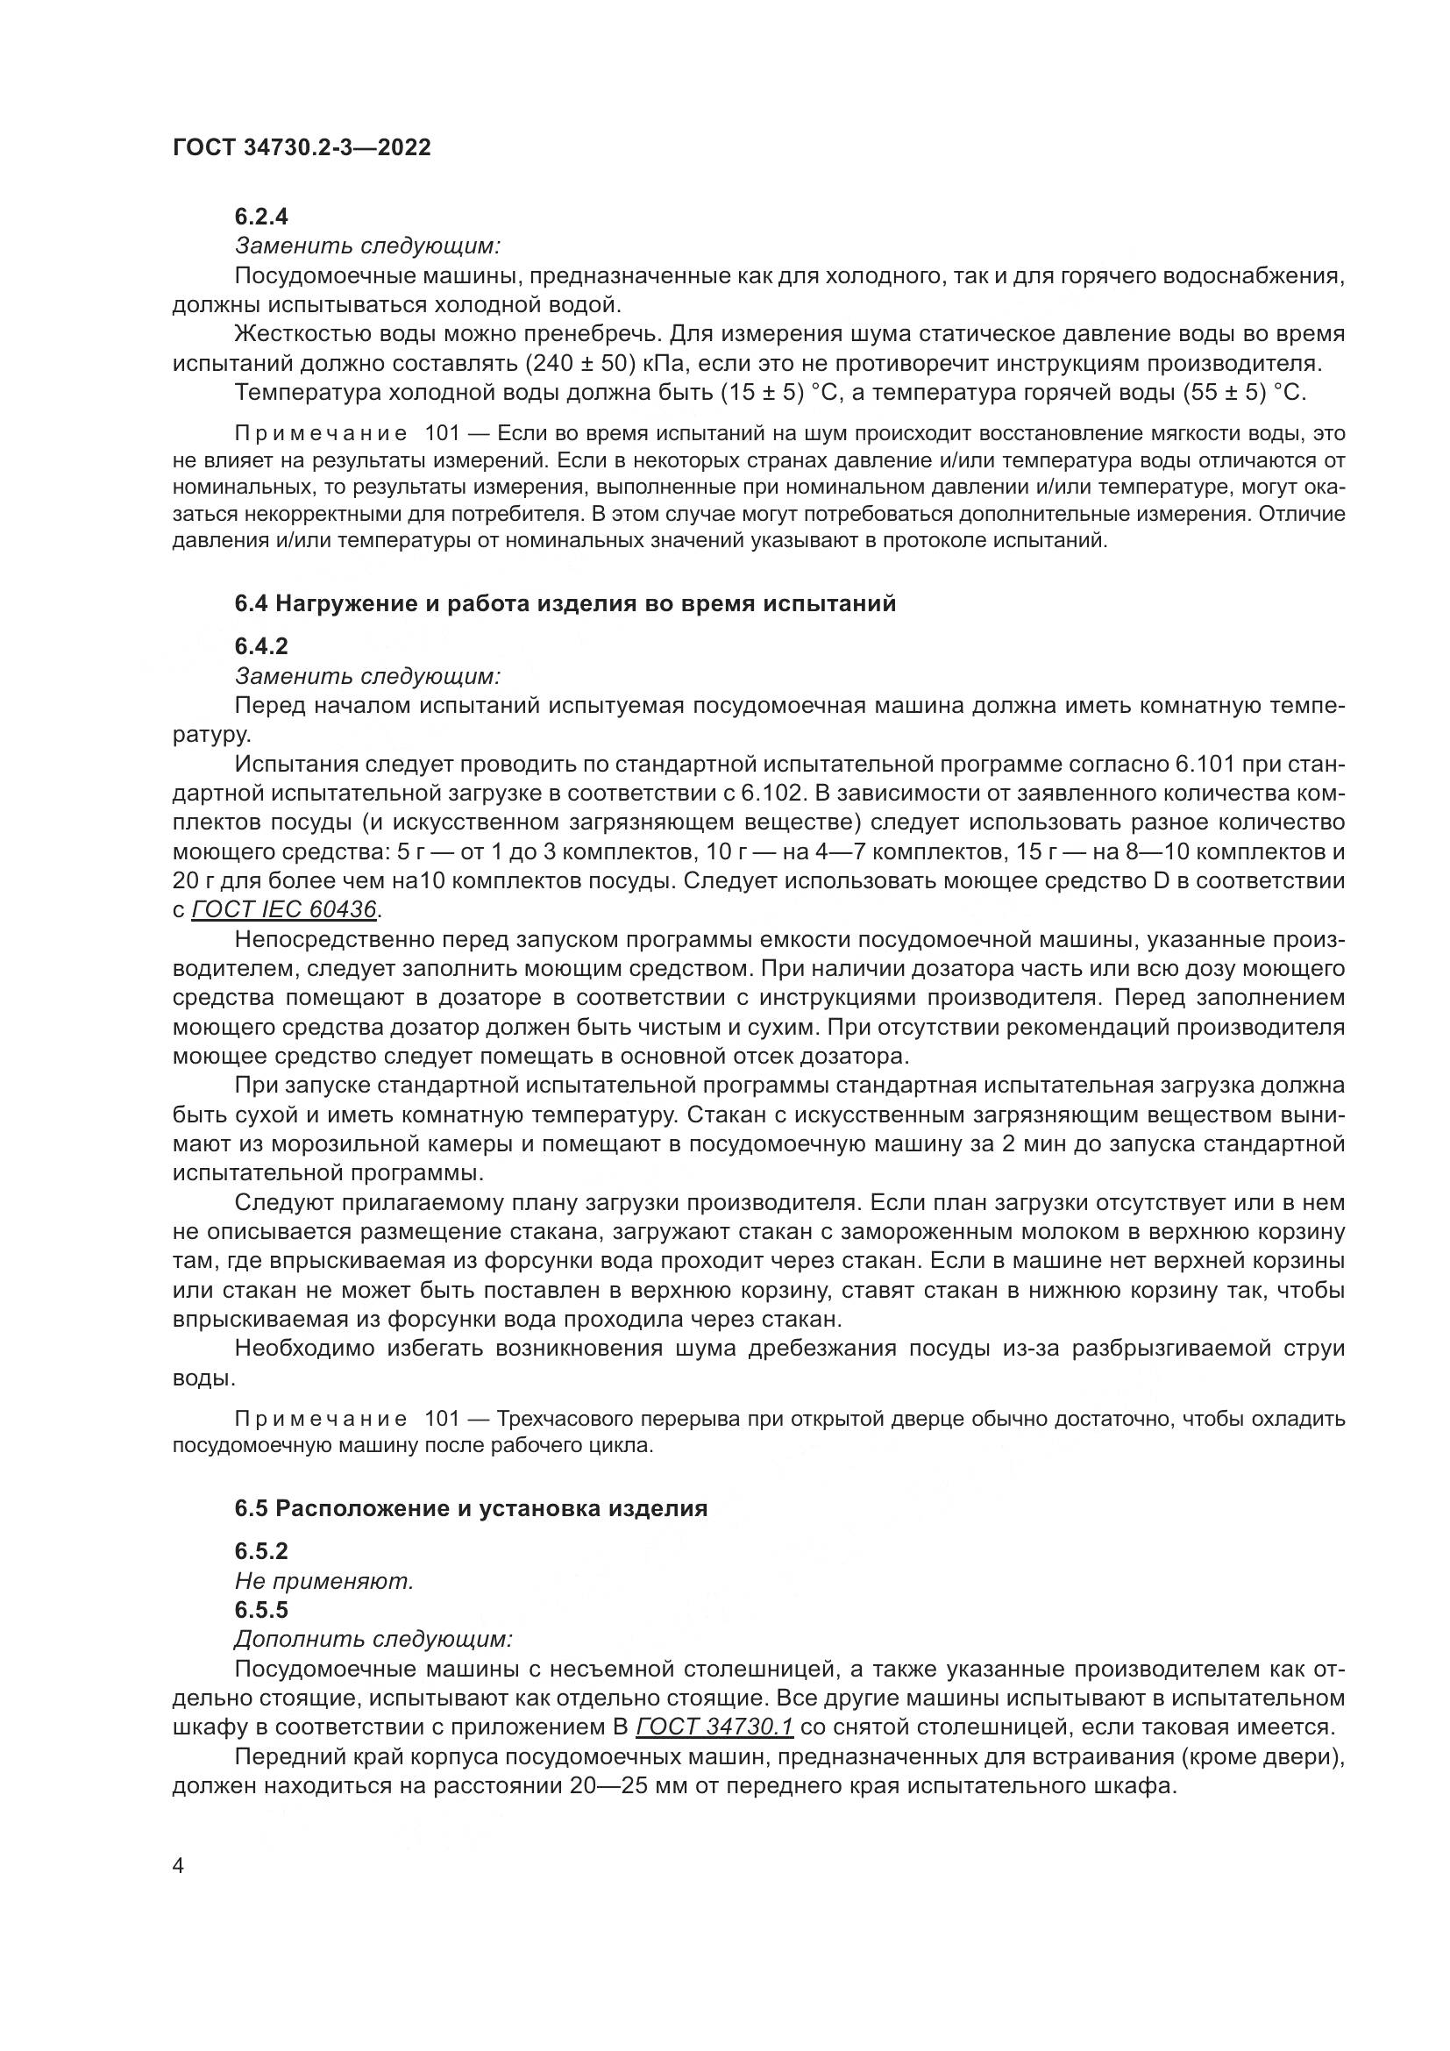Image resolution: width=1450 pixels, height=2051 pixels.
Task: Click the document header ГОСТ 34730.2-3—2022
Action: pyautogui.click(x=301, y=148)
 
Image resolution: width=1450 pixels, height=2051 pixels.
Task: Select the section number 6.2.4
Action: pyautogui.click(x=260, y=217)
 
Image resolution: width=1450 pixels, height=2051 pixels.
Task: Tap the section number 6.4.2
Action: pyautogui.click(x=260, y=645)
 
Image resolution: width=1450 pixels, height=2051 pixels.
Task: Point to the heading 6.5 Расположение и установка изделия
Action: pyautogui.click(x=471, y=1509)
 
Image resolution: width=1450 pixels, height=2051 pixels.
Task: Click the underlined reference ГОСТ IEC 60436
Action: pyautogui.click(x=285, y=909)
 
